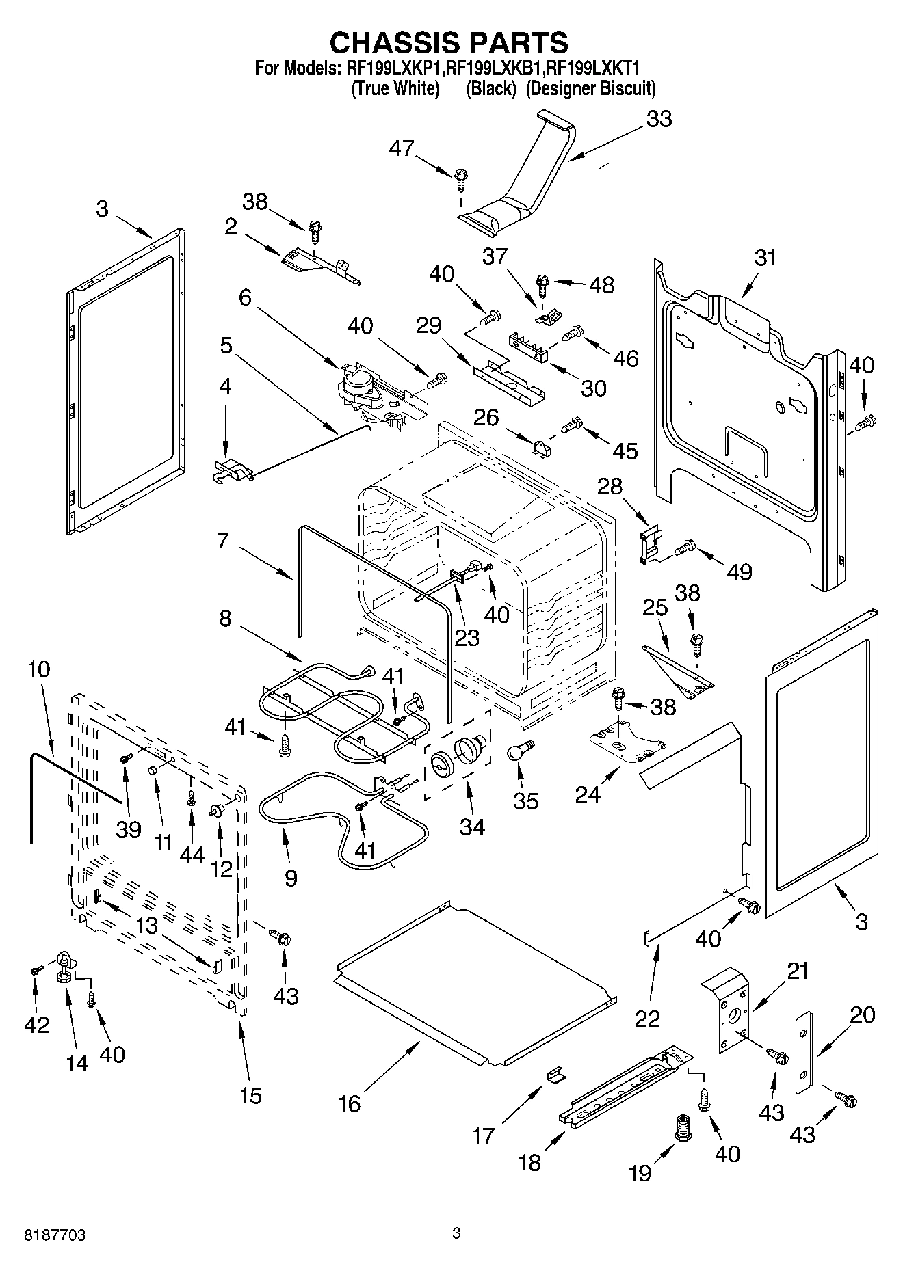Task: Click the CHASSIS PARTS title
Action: pyautogui.click(x=449, y=42)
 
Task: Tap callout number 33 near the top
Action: pyautogui.click(x=659, y=119)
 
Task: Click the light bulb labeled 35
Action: pyautogui.click(x=520, y=753)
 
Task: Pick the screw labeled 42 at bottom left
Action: pyautogui.click(x=36, y=969)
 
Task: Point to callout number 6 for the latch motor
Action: pyautogui.click(x=245, y=297)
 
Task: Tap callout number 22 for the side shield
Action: pyautogui.click(x=647, y=1018)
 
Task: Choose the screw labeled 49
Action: pyautogui.click(x=685, y=546)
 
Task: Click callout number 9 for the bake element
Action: pyautogui.click(x=291, y=878)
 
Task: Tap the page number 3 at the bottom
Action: pyautogui.click(x=457, y=1234)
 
